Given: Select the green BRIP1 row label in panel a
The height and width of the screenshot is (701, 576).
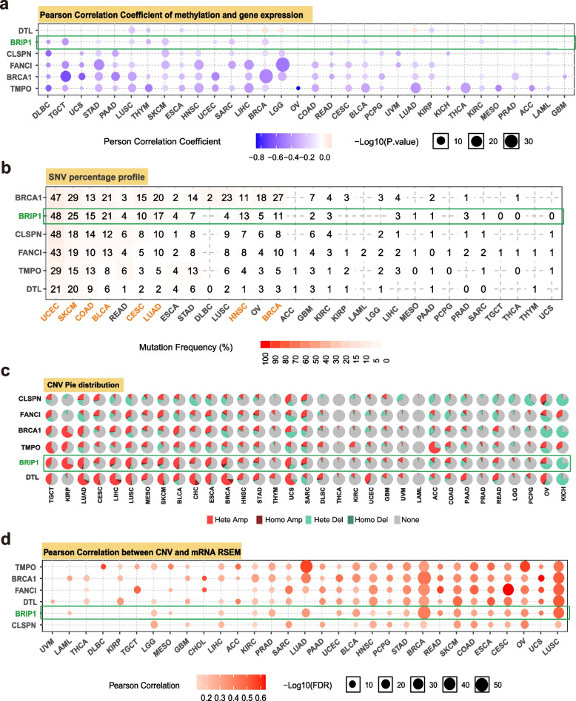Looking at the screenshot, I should [x=20, y=42].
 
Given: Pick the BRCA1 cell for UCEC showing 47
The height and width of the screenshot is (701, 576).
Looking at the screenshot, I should [x=55, y=197].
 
